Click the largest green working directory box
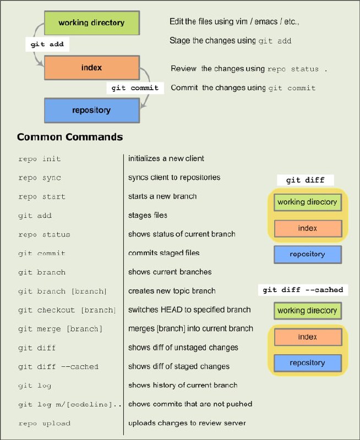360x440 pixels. (92, 23)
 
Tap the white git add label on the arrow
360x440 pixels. (47, 45)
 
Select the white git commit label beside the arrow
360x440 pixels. (135, 88)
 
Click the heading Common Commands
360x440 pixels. (70, 137)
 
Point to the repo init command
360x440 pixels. (39, 159)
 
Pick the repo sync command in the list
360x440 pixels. (40, 178)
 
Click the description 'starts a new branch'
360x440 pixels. (162, 196)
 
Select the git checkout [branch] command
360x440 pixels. (67, 310)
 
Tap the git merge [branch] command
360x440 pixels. (60, 329)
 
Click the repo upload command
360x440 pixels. (45, 424)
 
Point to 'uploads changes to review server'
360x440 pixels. (187, 423)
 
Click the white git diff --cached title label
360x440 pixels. (303, 290)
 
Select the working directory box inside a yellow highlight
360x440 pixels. (308, 202)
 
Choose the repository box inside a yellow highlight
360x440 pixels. (308, 363)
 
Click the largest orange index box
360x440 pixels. (92, 68)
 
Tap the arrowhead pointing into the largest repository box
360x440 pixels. (143, 106)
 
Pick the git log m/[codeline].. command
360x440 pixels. (70, 405)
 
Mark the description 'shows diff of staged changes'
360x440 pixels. (179, 366)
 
